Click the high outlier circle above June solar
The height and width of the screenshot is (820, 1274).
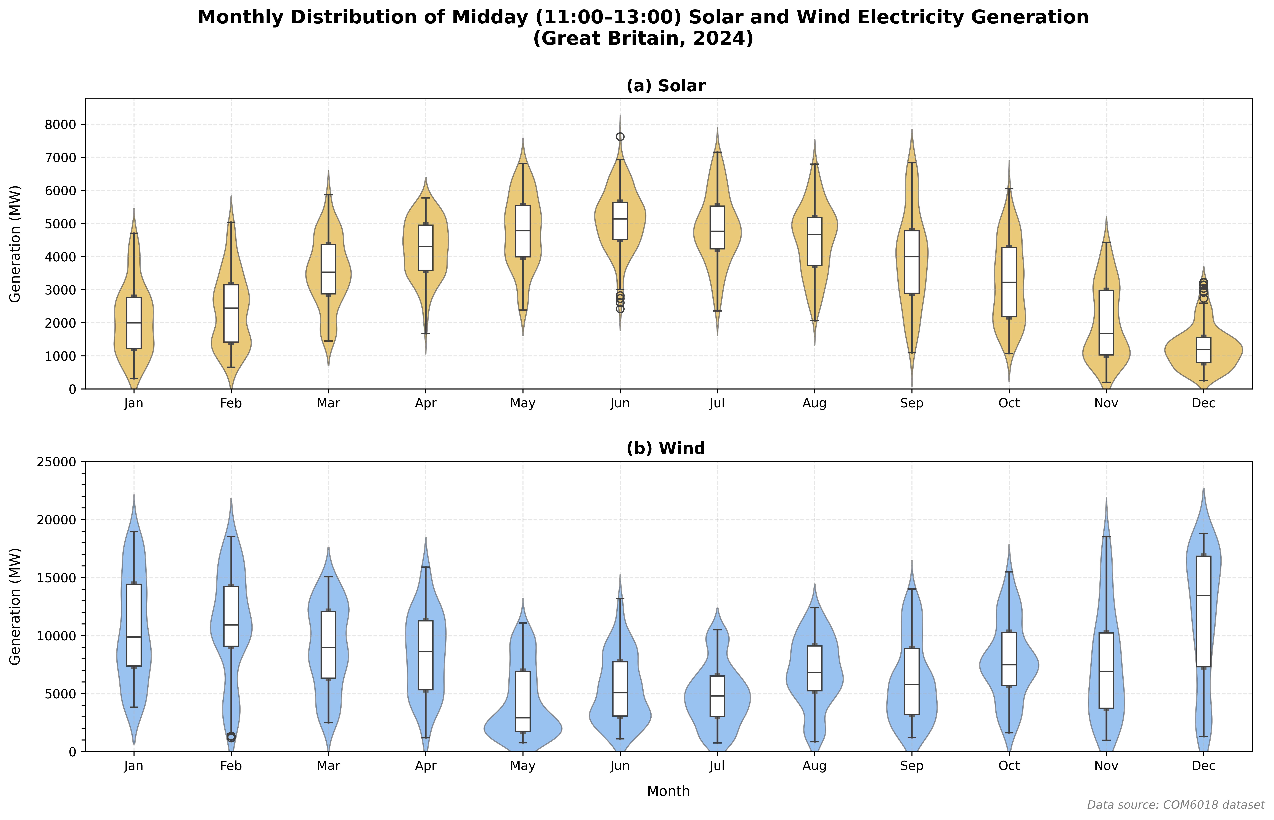click(620, 137)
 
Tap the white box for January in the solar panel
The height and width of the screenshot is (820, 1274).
click(134, 323)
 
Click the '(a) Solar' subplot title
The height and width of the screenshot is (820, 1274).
click(666, 86)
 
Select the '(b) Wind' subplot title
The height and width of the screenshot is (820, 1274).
click(666, 448)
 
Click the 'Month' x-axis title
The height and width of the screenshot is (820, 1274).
click(668, 791)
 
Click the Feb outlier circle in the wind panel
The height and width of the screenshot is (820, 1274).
click(231, 737)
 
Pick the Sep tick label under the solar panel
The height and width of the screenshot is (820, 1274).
click(912, 403)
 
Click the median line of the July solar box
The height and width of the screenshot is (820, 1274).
click(717, 231)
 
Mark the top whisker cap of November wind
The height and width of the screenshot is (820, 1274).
click(1106, 537)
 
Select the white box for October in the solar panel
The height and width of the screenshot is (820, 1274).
click(1009, 282)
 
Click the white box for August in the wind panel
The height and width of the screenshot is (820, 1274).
click(814, 668)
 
